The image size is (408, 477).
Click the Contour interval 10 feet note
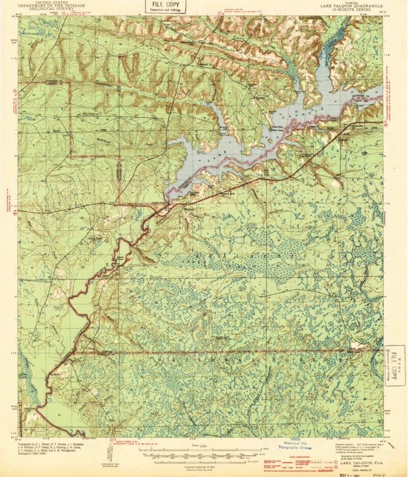200,464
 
